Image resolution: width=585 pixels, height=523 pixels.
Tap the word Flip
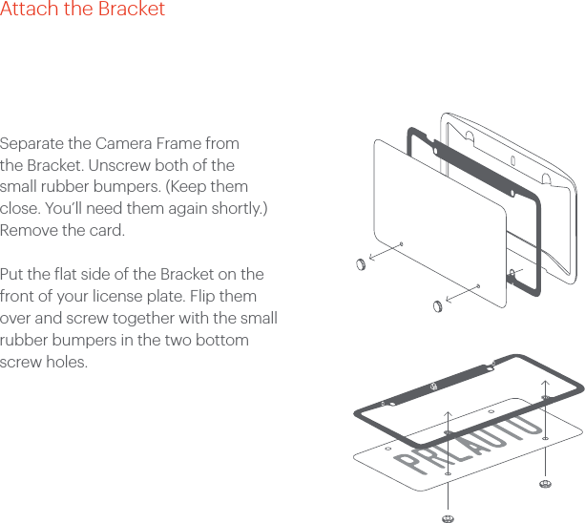tap(207, 297)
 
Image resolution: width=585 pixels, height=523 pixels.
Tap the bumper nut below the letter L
tap(448, 517)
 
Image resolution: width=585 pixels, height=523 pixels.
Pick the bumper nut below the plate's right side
tap(545, 485)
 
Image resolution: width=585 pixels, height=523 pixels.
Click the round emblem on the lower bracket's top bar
tap(433, 387)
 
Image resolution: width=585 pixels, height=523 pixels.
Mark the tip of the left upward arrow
tap(448, 411)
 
